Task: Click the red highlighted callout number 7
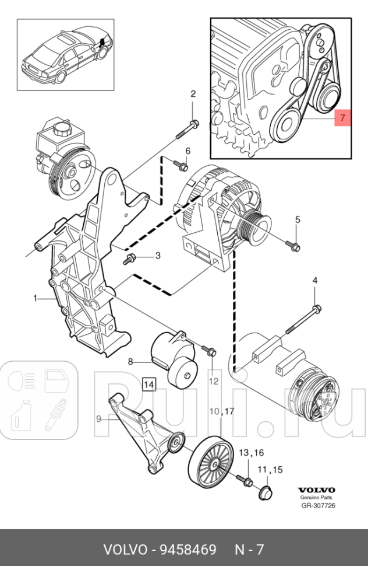(342, 118)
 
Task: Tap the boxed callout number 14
(149, 384)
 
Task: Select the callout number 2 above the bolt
(193, 94)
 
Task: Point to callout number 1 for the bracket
(35, 298)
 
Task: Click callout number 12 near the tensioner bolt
(214, 381)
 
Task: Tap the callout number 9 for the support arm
(98, 418)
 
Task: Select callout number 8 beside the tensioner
(131, 362)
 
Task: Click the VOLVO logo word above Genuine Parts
(317, 490)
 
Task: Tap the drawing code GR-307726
(317, 505)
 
